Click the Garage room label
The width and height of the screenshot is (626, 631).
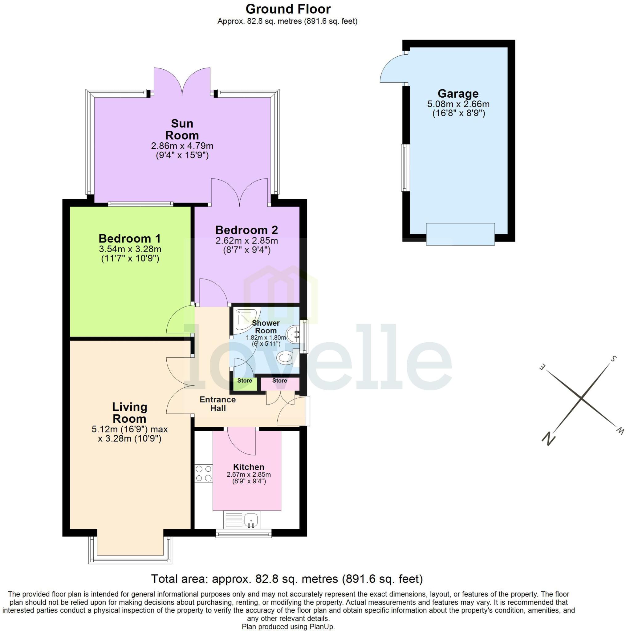tap(458, 94)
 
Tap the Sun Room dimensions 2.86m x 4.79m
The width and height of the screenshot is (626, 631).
tap(182, 146)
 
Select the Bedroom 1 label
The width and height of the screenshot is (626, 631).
tap(130, 238)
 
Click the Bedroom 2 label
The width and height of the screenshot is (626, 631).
tap(246, 230)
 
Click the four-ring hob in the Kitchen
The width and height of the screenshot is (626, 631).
tap(203, 474)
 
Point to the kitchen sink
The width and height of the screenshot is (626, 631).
tap(251, 519)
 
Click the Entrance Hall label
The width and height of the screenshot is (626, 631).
tap(217, 404)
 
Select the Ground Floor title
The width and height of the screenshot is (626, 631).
tap(288, 9)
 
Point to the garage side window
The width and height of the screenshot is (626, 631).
tap(405, 168)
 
